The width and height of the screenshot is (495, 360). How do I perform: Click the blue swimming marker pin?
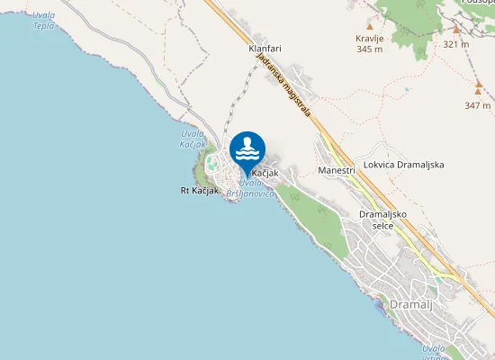pyautogui.click(x=247, y=149)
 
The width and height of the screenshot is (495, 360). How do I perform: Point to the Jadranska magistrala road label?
pyautogui.click(x=283, y=86)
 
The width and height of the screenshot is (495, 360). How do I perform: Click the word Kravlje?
pyautogui.click(x=370, y=40)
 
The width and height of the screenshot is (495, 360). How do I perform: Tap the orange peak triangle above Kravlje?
pyautogui.click(x=369, y=27)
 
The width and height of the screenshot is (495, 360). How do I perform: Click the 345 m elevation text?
pyautogui.click(x=370, y=50)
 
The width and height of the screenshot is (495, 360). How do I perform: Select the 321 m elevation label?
pyautogui.click(x=456, y=43)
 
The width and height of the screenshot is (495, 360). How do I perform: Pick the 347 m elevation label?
pyautogui.click(x=478, y=105)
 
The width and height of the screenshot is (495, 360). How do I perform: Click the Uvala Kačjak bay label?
pyautogui.click(x=193, y=139)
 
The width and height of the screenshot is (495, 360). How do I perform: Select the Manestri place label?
pyautogui.click(x=337, y=170)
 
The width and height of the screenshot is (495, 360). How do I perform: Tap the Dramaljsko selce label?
pyautogui.click(x=385, y=220)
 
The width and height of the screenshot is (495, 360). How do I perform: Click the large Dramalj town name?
pyautogui.click(x=411, y=304)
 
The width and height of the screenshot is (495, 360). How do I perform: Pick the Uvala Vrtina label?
pyautogui.click(x=434, y=352)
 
